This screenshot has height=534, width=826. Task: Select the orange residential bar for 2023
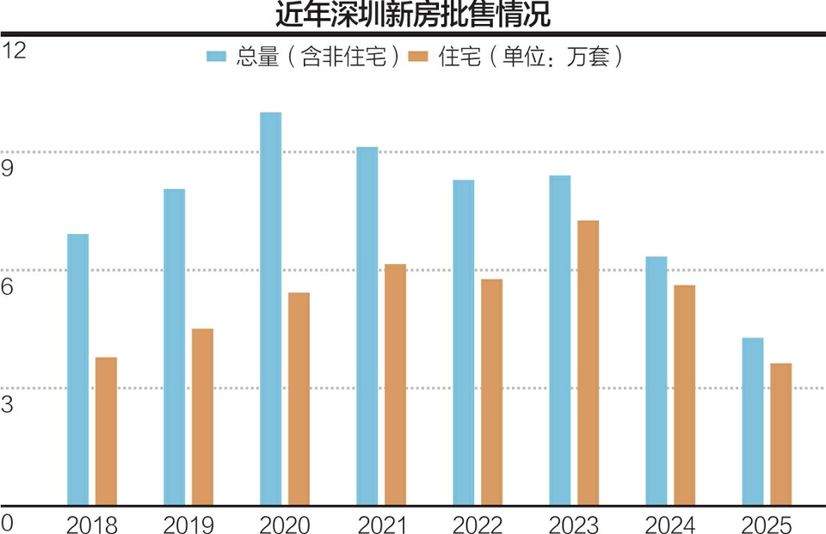589,362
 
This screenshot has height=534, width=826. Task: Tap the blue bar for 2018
77,369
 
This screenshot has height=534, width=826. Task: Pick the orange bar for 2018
106,430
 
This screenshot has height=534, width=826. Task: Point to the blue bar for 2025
753,420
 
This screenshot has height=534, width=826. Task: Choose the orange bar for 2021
396,384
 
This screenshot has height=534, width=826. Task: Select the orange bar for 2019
202,416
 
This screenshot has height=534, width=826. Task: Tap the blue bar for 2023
560,340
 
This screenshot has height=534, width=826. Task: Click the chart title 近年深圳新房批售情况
412,15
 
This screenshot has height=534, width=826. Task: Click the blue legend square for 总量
216,57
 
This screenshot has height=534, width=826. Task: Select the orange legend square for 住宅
419,57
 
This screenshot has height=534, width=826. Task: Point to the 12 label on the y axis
14,51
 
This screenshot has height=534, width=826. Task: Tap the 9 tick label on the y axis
8,169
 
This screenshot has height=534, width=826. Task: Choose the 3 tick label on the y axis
8,404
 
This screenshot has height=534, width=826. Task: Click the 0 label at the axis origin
8,522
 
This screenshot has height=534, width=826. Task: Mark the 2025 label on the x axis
767,524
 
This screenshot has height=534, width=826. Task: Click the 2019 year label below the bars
188,524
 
